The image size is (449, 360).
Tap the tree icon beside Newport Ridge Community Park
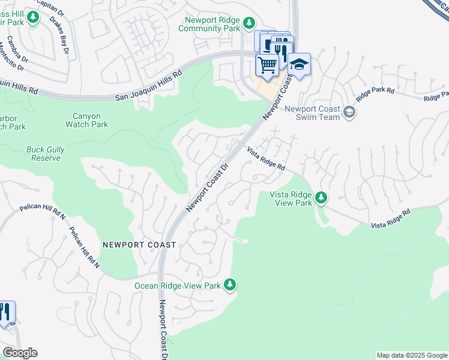(x=249, y=24)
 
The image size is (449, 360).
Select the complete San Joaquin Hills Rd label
(x=148, y=87)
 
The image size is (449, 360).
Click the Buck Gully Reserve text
(x=43, y=154)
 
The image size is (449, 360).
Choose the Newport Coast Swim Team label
(x=312, y=113)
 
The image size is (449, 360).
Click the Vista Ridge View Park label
(x=291, y=199)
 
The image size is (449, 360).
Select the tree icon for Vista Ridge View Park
(x=322, y=197)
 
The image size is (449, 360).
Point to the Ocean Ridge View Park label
(x=178, y=286)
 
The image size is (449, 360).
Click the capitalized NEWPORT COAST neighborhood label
(x=139, y=245)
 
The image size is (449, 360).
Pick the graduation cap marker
(x=299, y=64)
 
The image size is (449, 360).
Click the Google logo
(x=20, y=353)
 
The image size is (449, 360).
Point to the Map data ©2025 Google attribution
(x=411, y=355)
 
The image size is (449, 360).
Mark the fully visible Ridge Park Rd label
(x=375, y=92)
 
